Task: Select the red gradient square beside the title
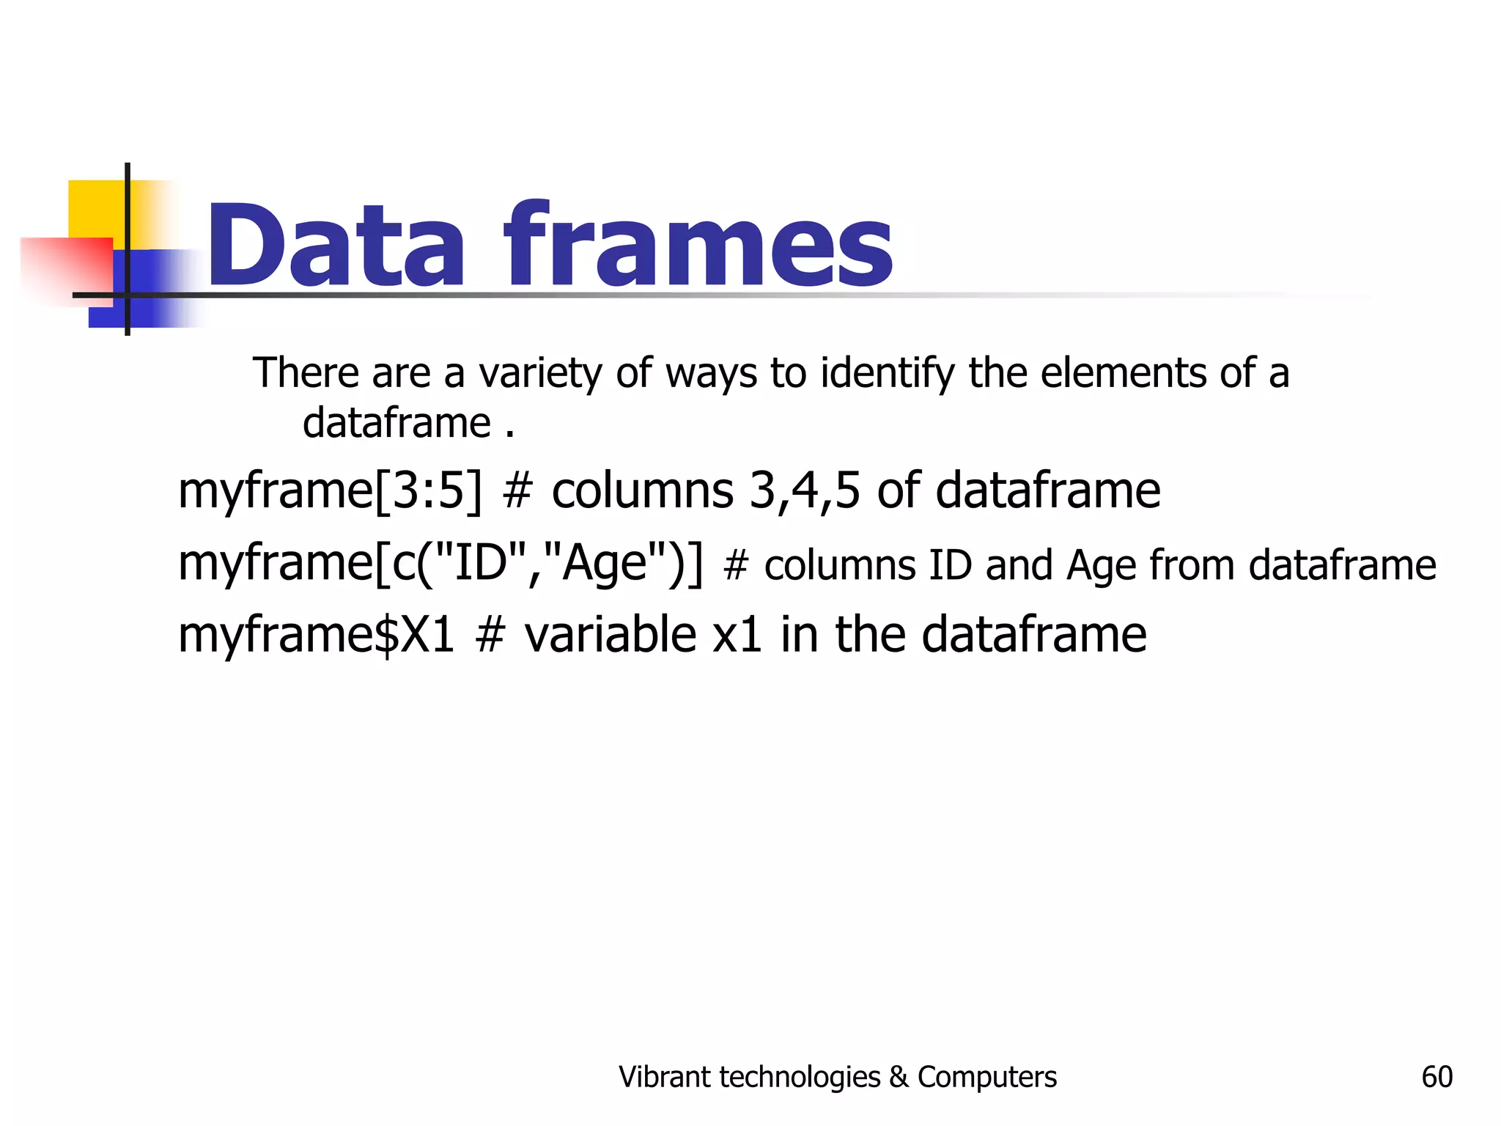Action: point(66,268)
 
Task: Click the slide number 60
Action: point(1437,1077)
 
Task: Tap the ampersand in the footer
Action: point(899,1077)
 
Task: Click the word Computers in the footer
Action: point(986,1077)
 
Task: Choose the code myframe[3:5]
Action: point(331,490)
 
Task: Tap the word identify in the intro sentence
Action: point(888,373)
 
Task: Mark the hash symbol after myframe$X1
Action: point(490,635)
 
